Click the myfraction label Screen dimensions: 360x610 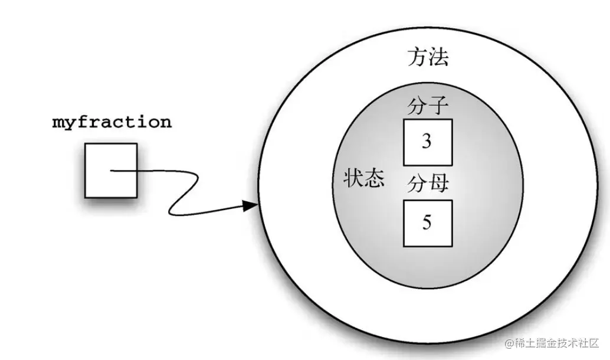click(x=112, y=123)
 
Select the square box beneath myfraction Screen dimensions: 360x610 click(x=111, y=171)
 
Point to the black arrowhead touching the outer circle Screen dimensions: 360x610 click(x=251, y=205)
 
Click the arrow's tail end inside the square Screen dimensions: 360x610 click(x=111, y=172)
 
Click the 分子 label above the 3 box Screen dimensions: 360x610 click(x=428, y=107)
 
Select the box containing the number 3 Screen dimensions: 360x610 click(x=428, y=142)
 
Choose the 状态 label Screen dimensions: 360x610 click(x=364, y=179)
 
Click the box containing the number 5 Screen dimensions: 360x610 click(x=428, y=222)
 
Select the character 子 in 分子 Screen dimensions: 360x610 click(x=438, y=107)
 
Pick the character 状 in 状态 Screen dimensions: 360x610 click(x=354, y=179)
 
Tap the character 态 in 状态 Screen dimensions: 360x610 click(x=375, y=179)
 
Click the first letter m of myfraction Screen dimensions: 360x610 click(x=58, y=123)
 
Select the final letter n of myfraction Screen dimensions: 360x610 click(x=166, y=123)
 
